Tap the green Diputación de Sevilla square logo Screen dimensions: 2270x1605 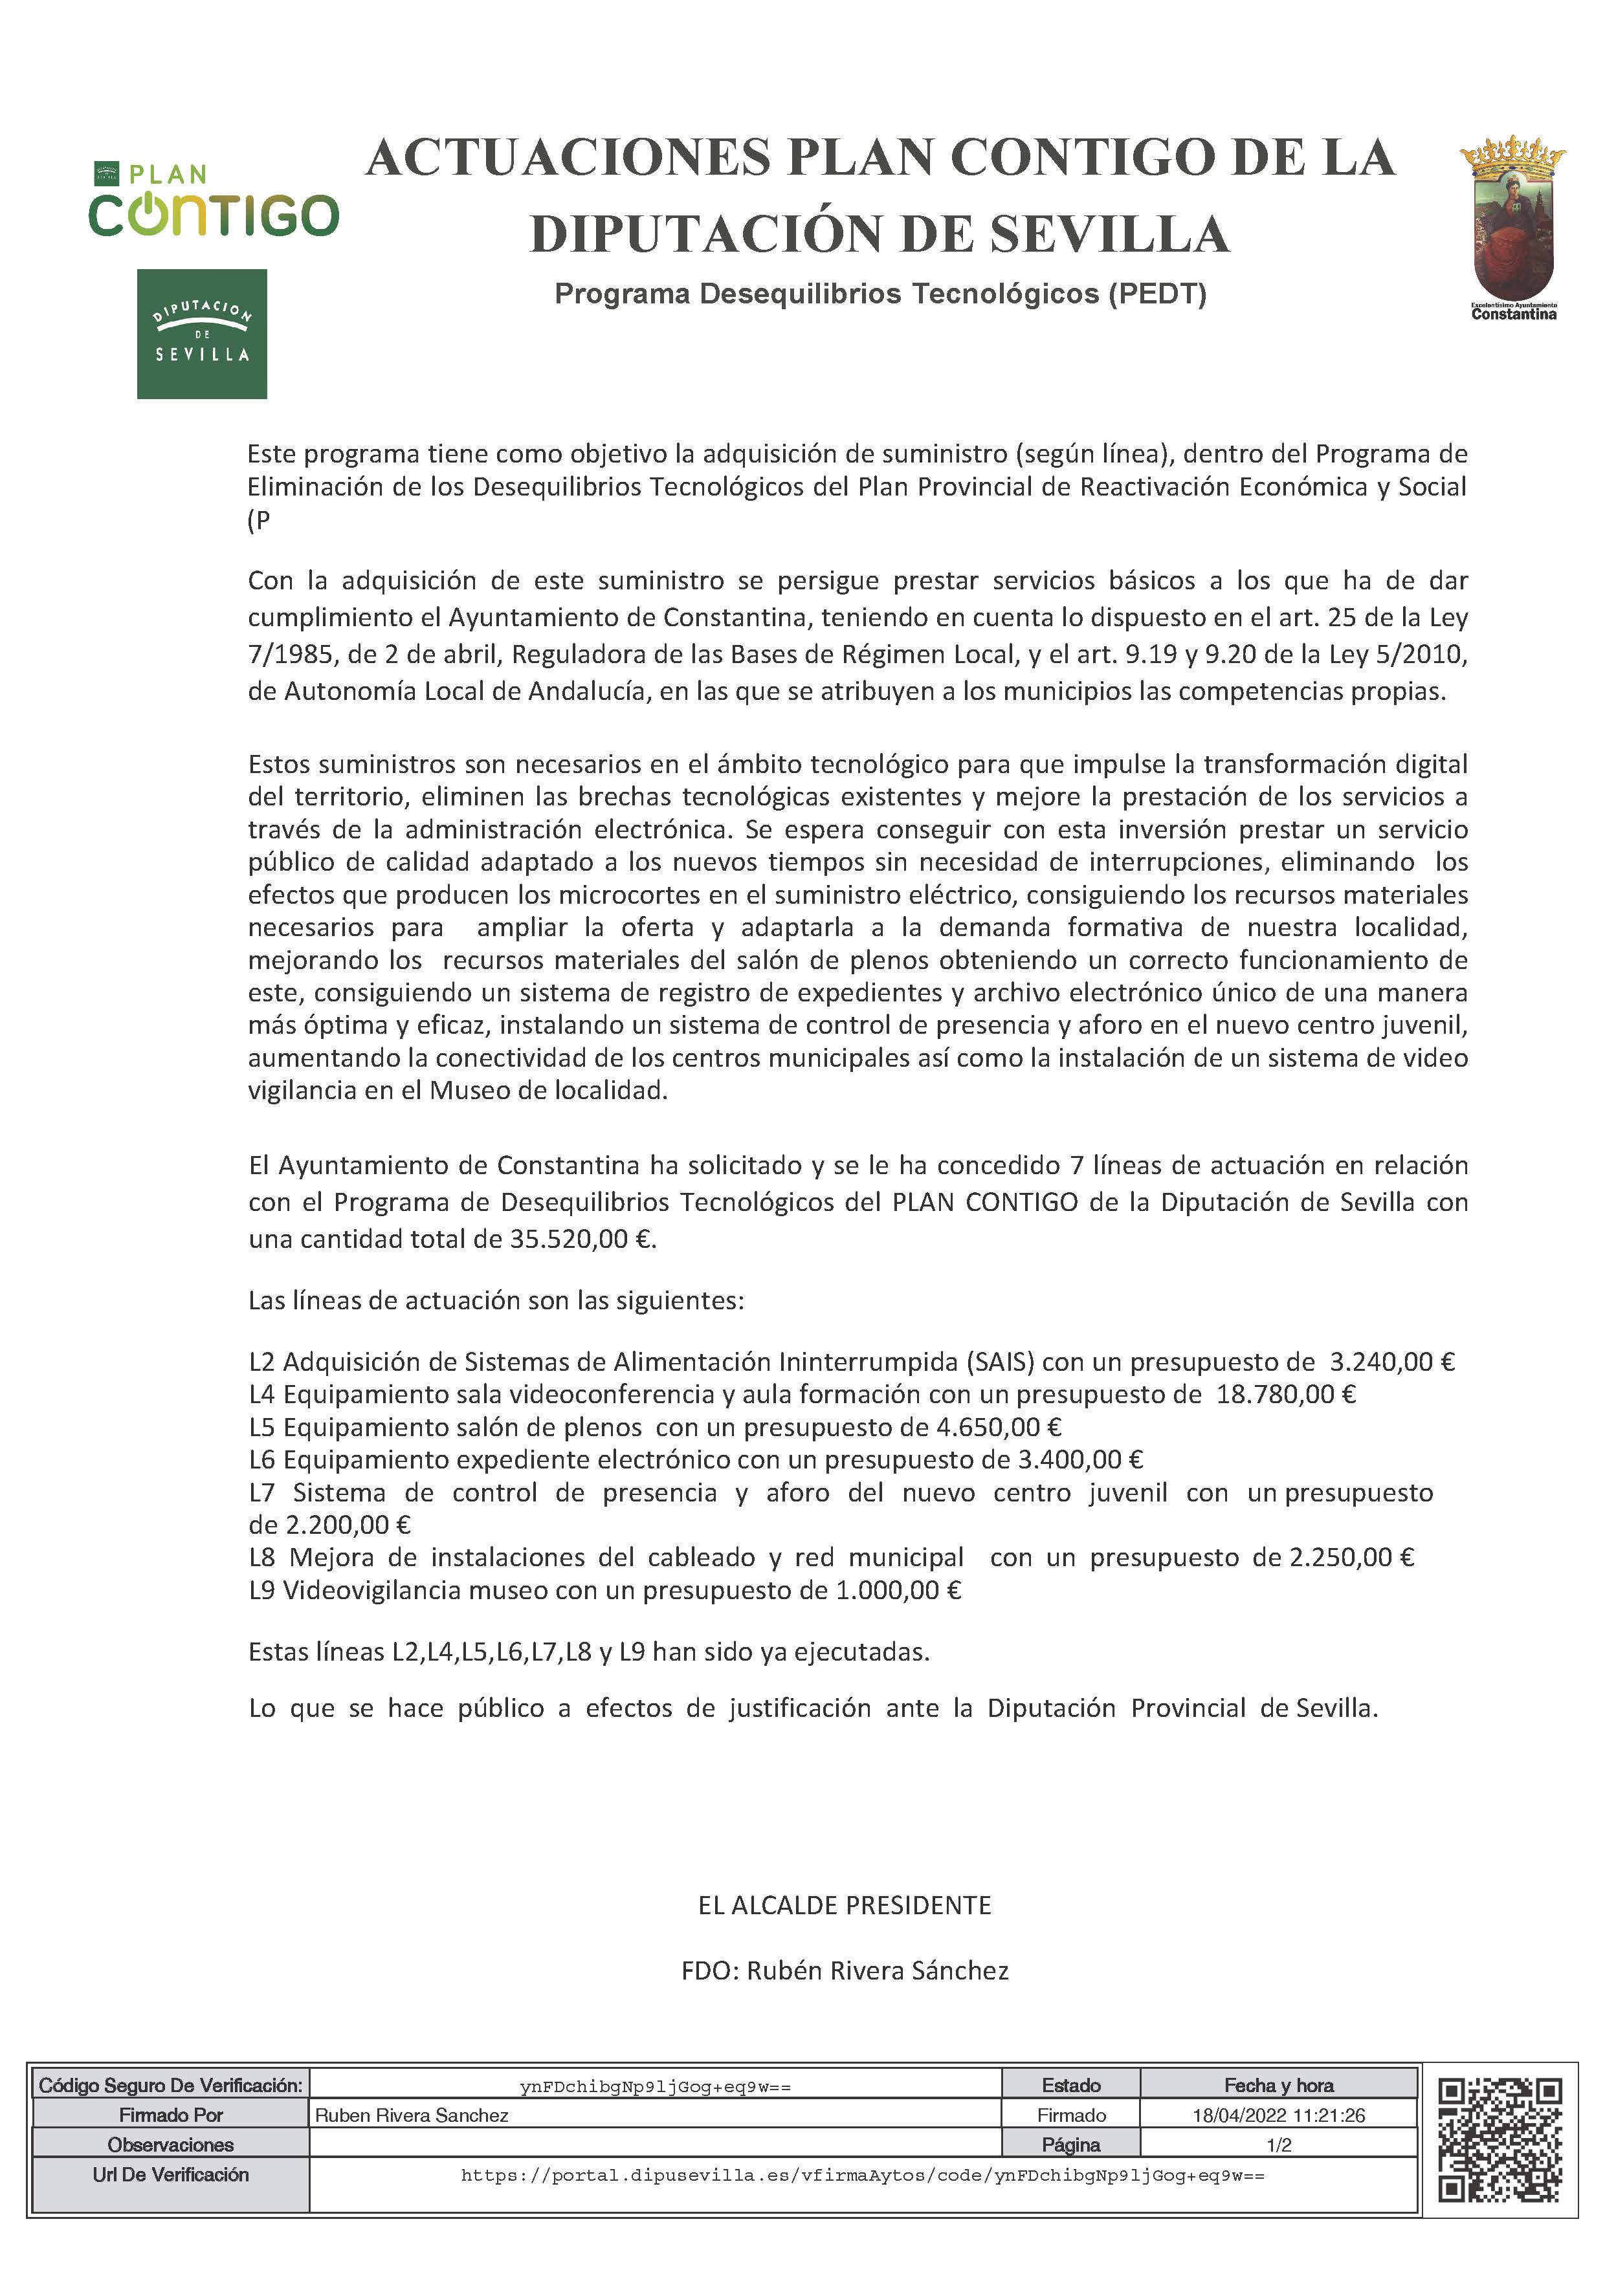[202, 334]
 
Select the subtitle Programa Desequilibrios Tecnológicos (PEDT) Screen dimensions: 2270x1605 [880, 294]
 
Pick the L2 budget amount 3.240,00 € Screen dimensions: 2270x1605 [1392, 1362]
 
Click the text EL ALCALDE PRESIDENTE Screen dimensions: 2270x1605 [845, 1905]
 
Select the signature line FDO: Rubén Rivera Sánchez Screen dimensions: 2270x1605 [845, 1970]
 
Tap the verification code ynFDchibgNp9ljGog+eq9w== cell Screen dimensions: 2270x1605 [655, 2087]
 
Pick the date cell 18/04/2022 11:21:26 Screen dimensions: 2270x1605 [1279, 2116]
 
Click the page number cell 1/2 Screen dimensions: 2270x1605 [1279, 2145]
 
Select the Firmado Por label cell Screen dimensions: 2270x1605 [170, 2116]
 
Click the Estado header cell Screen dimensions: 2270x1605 [1071, 2086]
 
